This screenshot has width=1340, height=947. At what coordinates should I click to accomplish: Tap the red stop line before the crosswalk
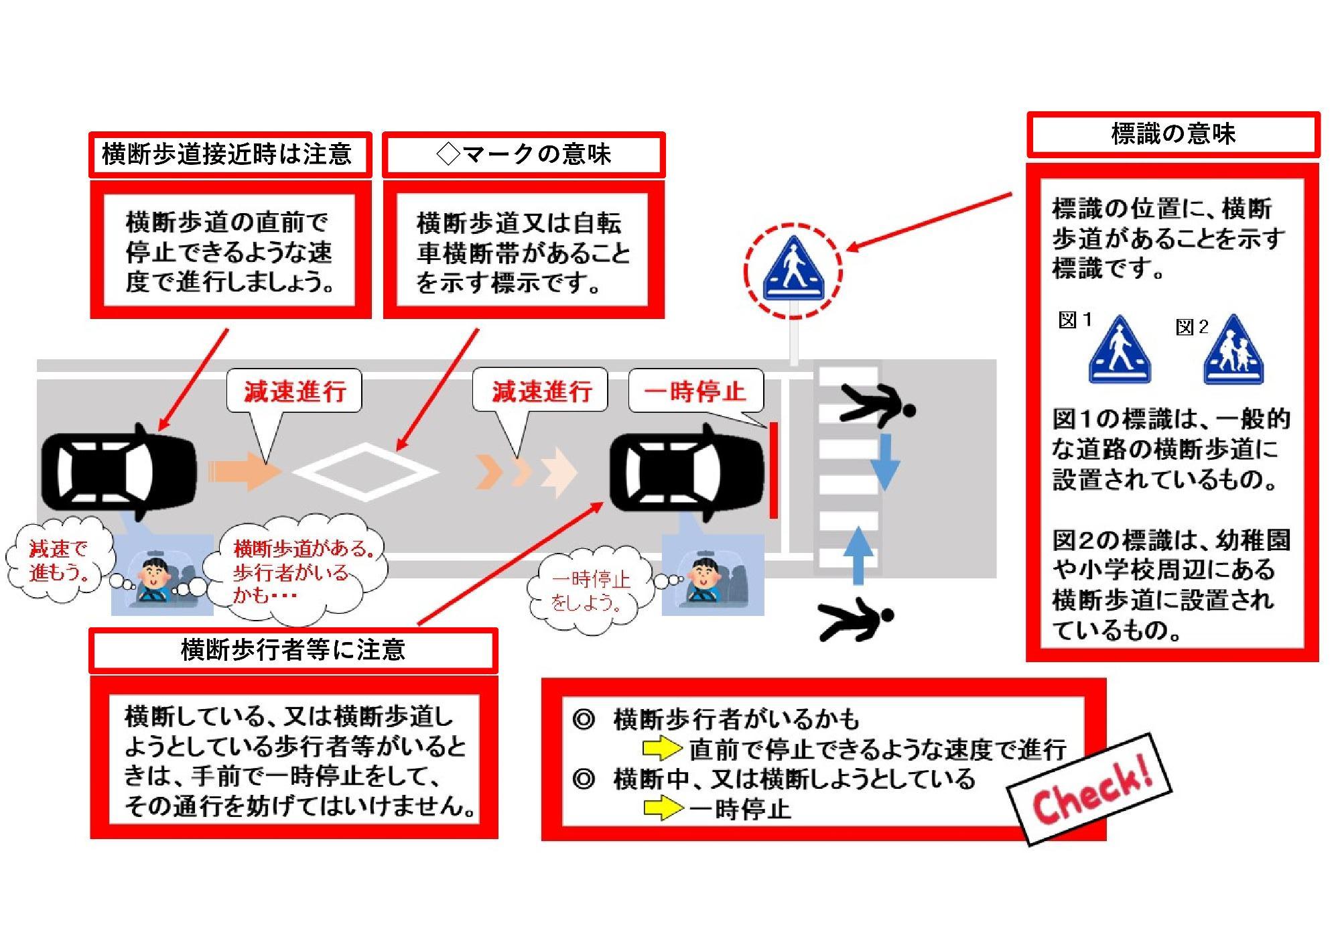coord(773,470)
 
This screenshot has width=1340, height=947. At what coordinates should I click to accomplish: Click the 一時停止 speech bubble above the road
coord(695,391)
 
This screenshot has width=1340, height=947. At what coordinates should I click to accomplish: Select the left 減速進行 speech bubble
coord(295,391)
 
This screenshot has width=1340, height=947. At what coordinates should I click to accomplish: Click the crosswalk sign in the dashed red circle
coord(793,270)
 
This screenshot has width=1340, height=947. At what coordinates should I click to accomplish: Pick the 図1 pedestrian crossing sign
coord(1120,351)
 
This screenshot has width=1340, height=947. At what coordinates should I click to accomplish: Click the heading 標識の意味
coord(1172,134)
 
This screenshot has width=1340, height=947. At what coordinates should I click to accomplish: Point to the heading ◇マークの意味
coord(523,155)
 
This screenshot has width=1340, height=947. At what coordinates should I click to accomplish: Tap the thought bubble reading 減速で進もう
coord(59,561)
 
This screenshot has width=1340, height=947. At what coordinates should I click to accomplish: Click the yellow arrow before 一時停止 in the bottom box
coord(663,808)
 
